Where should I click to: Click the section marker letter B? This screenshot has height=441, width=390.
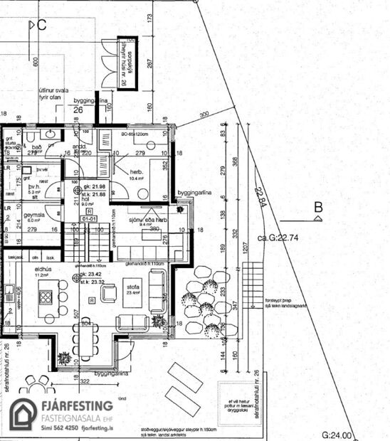[320, 208]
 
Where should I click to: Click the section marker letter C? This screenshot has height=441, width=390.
[41, 26]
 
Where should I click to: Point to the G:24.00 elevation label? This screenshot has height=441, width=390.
[337, 435]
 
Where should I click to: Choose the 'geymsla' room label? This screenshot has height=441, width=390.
[34, 213]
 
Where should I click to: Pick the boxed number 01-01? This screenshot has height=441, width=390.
[88, 220]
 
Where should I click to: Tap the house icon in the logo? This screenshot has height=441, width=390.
[24, 415]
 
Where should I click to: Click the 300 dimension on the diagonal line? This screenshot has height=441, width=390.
[204, 115]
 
